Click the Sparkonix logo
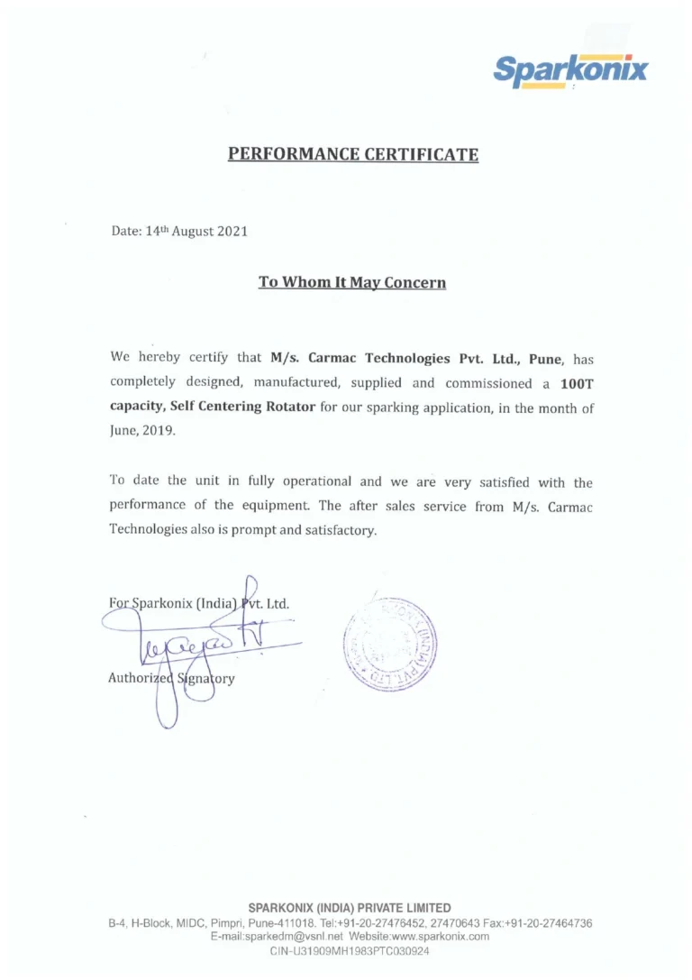pyautogui.click(x=570, y=69)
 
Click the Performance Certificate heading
pyautogui.click(x=352, y=154)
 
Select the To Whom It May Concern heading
pyautogui.click(x=352, y=283)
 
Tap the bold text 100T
pyautogui.click(x=576, y=383)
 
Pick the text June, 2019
pyautogui.click(x=143, y=431)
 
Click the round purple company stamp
pyautogui.click(x=389, y=644)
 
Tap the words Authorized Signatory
pyautogui.click(x=171, y=678)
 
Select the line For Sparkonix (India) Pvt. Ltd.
pyautogui.click(x=198, y=603)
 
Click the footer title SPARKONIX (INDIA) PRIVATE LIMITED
pyautogui.click(x=350, y=908)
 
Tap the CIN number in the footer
pyautogui.click(x=350, y=951)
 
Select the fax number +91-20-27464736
pyautogui.click(x=549, y=923)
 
